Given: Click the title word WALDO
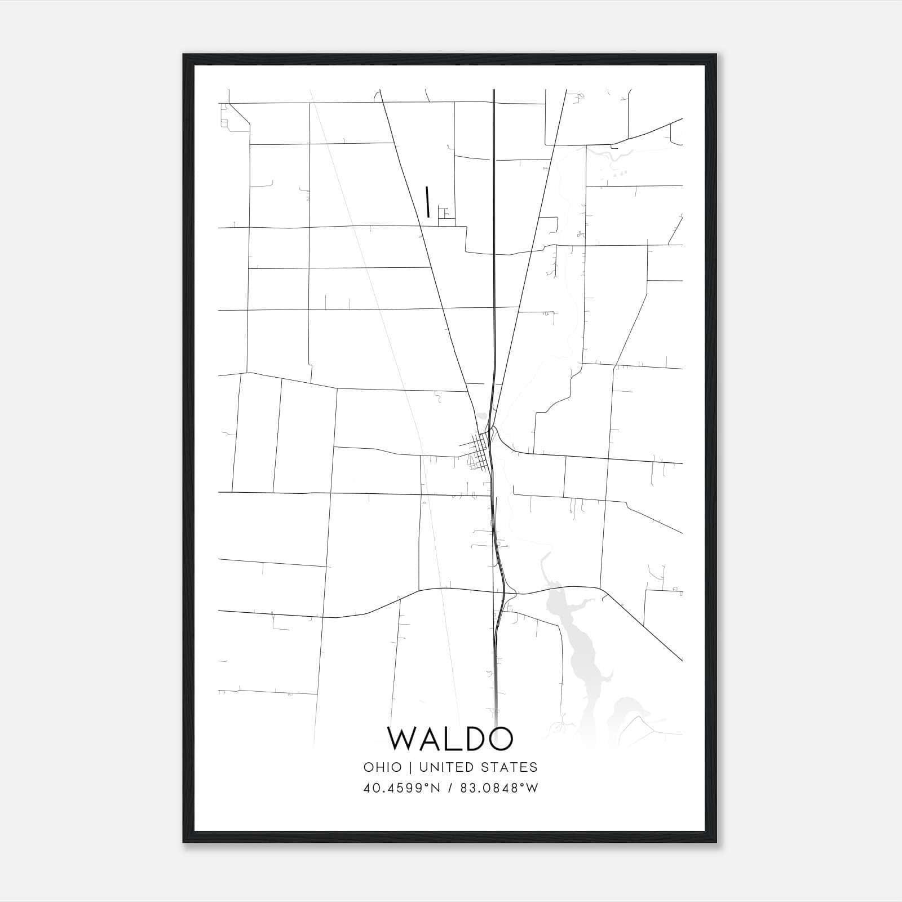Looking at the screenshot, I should [x=450, y=739].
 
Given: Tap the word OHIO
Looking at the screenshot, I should [x=383, y=767].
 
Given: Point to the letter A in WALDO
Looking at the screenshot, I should [x=434, y=739].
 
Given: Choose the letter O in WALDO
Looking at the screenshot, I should [x=501, y=739].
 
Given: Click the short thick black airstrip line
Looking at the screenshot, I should [x=428, y=201].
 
